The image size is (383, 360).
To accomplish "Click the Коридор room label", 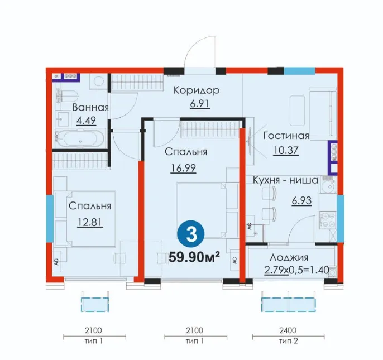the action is (197, 90).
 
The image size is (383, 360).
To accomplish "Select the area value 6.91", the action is (200, 104).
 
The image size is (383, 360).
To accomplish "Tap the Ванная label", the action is (90, 108).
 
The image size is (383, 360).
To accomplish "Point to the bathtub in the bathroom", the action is (80, 138).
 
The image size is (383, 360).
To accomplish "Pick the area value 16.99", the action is (183, 168).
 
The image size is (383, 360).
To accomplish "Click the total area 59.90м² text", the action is (194, 257).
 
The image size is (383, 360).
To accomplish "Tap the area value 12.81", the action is (90, 222).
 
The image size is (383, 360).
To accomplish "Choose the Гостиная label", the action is (286, 136).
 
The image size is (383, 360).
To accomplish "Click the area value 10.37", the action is (286, 151).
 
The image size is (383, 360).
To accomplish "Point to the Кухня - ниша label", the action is (285, 180).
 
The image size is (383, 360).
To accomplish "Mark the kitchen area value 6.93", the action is (301, 201).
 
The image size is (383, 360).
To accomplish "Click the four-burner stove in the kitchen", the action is (328, 220).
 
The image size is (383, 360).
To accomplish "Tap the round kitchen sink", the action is (329, 186).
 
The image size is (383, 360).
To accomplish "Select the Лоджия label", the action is (289, 257).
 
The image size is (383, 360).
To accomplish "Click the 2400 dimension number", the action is (288, 330).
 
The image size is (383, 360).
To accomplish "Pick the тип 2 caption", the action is (289, 340).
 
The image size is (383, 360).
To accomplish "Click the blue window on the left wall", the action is (50, 218).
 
